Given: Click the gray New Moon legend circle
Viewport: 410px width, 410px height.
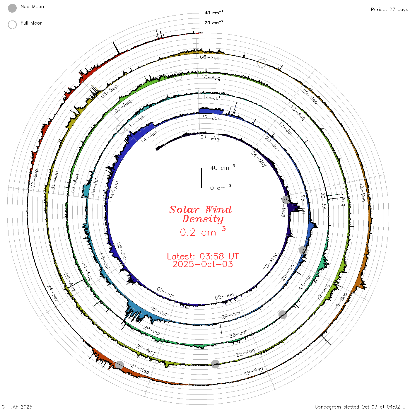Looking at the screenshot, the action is point(12,8).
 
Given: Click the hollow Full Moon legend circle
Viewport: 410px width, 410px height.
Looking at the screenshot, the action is point(12,25).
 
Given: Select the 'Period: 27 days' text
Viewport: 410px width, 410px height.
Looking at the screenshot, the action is point(389,10).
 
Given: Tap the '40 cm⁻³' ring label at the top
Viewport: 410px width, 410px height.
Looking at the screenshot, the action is point(213,12).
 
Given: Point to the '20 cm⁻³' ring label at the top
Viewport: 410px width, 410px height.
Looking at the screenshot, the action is point(213,22).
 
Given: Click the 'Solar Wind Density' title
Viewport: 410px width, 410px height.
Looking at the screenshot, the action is point(200,214).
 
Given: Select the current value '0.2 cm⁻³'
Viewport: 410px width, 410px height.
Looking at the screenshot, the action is point(203,232).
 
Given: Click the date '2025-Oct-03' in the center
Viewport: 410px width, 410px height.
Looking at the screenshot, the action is point(203,264).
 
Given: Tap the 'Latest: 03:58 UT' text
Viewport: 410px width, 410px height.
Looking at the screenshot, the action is point(203,256).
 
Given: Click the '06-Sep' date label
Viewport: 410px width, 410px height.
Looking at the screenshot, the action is point(210,57).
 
